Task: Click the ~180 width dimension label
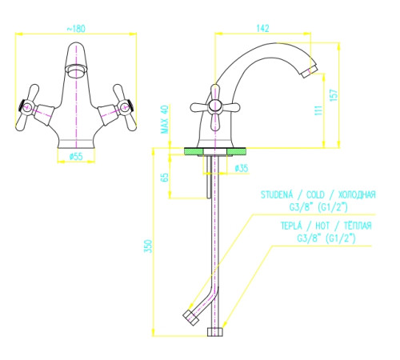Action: (x=76, y=29)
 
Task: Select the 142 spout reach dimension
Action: (x=262, y=28)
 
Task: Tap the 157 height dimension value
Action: (x=334, y=94)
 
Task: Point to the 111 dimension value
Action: (x=318, y=110)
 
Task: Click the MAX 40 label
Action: (x=165, y=119)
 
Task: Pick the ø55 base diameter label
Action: (x=76, y=157)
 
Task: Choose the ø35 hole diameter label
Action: (x=242, y=168)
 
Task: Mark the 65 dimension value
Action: (x=165, y=178)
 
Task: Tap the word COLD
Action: (x=315, y=194)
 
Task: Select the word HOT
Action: (x=322, y=226)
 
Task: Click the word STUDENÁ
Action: (x=277, y=194)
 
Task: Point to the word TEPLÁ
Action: (x=291, y=226)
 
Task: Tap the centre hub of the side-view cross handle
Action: (x=214, y=106)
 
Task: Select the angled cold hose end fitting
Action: (x=191, y=318)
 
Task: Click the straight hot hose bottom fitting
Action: (x=215, y=332)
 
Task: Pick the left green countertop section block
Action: (x=194, y=151)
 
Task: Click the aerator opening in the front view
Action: (x=77, y=71)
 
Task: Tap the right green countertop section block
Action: (x=236, y=151)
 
